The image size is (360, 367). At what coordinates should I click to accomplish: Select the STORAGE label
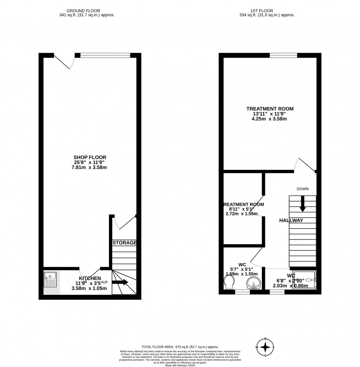[x=125, y=243]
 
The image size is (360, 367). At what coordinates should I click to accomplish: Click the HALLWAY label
[x=291, y=220]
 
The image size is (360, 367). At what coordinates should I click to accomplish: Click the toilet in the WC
[x=228, y=282]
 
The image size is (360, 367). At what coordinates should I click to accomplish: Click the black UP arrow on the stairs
[x=120, y=282]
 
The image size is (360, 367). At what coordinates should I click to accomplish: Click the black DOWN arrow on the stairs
[x=303, y=204]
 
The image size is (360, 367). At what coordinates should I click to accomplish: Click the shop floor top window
[x=105, y=55]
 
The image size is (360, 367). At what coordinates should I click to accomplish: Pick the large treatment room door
[x=305, y=165]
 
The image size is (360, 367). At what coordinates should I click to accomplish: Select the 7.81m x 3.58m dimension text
[x=90, y=167]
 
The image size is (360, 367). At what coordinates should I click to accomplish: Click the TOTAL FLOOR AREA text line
[x=180, y=346]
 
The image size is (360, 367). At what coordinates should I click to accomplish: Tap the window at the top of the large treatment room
[x=283, y=55]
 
